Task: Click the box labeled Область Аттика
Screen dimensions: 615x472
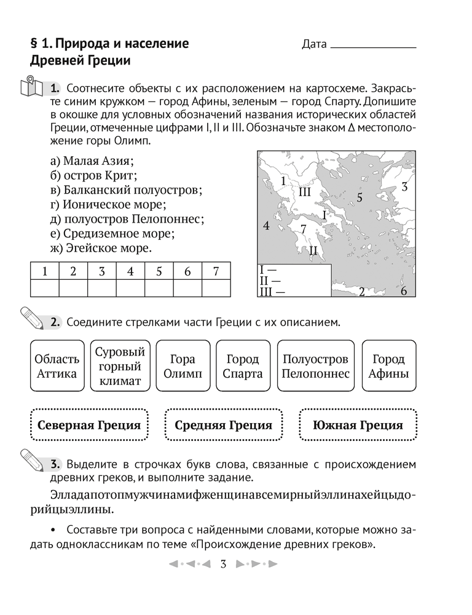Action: coord(57,367)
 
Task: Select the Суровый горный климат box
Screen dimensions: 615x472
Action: coord(120,367)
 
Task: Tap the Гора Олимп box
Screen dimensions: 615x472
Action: coord(179,367)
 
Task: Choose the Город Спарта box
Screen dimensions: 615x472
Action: coord(242,367)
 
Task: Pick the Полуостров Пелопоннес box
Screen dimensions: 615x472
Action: coord(315,367)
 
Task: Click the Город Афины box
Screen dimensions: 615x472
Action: coord(388,367)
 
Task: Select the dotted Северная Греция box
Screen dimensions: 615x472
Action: coord(89,425)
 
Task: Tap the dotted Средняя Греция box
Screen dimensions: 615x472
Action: coord(223,425)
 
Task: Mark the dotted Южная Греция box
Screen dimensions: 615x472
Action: coord(358,425)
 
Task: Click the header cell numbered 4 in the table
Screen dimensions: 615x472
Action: coord(130,271)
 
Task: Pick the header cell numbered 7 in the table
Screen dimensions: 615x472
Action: coord(216,271)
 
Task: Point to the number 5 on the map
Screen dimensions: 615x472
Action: coord(360,197)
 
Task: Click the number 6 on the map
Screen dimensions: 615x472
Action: coord(404,292)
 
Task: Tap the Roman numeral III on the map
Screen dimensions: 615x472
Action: coord(305,192)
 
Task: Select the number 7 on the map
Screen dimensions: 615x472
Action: coord(303,229)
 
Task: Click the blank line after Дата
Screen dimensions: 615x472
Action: coord(373,47)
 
